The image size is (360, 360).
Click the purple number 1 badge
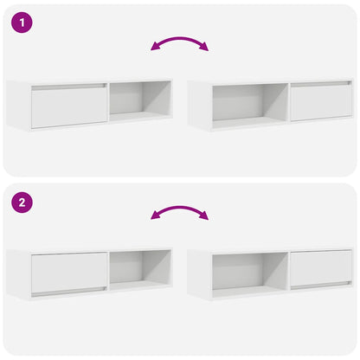click(23, 23)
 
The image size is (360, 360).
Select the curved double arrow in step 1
click(179, 41)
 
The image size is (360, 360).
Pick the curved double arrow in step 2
click(179, 210)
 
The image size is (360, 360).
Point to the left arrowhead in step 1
click(154, 48)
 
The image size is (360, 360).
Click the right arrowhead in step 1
click(205, 48)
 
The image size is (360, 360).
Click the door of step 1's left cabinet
click(68, 106)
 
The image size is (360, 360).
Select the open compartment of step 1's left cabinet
click(138, 101)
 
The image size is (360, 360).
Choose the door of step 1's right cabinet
click(320, 103)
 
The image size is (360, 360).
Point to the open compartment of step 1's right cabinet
click(249, 103)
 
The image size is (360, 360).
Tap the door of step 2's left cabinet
click(68, 272)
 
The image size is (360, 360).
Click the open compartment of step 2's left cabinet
click(138, 268)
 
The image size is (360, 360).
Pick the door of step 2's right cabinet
click(320, 267)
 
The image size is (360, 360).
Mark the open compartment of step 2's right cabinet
click(249, 270)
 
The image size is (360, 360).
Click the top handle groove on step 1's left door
click(68, 87)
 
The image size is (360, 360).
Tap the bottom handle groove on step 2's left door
click(68, 292)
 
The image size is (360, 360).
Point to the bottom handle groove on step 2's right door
click(320, 286)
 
